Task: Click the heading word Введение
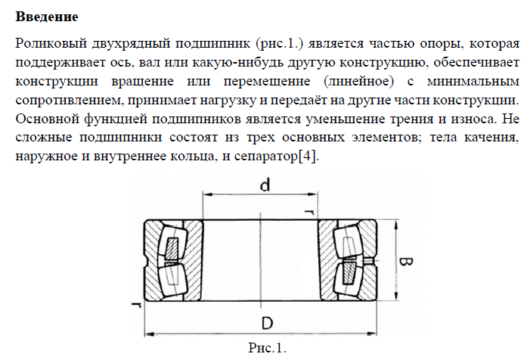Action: (x=46, y=16)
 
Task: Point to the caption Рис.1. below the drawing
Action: (x=268, y=349)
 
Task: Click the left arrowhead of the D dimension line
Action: (x=149, y=333)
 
